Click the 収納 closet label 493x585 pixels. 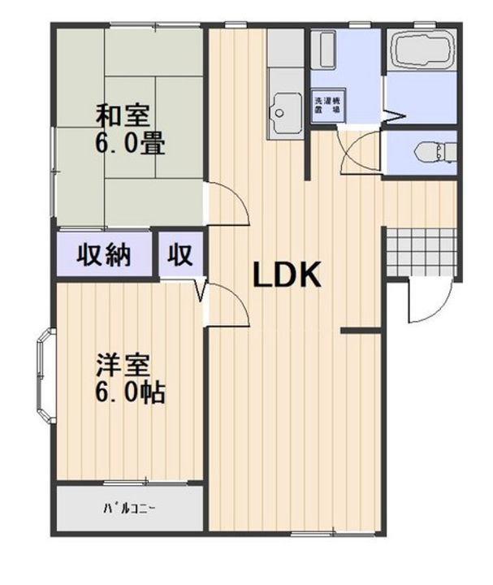click(104, 255)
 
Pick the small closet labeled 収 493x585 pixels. click(180, 255)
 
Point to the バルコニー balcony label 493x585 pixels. click(129, 509)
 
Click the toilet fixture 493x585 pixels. click(430, 151)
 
